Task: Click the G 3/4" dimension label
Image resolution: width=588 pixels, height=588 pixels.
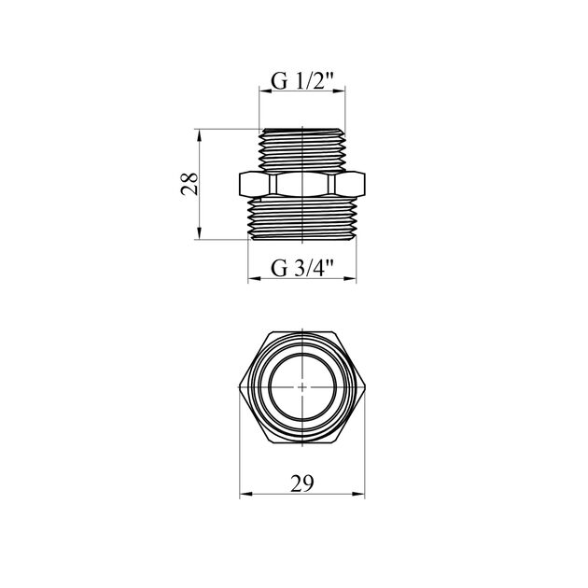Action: click(x=301, y=268)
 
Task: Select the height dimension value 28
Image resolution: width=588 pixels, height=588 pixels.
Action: click(x=189, y=184)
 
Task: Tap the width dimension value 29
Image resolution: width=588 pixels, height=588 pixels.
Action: click(x=301, y=483)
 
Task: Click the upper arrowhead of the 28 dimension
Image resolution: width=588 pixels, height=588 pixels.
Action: click(x=199, y=135)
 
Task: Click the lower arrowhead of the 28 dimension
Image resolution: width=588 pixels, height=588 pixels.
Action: click(x=199, y=233)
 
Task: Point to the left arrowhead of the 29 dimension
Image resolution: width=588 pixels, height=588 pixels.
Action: click(x=245, y=495)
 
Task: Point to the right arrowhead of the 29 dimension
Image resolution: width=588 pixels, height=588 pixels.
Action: click(x=358, y=495)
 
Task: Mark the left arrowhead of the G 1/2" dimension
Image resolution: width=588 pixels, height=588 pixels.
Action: click(x=265, y=91)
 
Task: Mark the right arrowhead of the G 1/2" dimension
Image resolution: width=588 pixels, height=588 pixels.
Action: click(x=339, y=91)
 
